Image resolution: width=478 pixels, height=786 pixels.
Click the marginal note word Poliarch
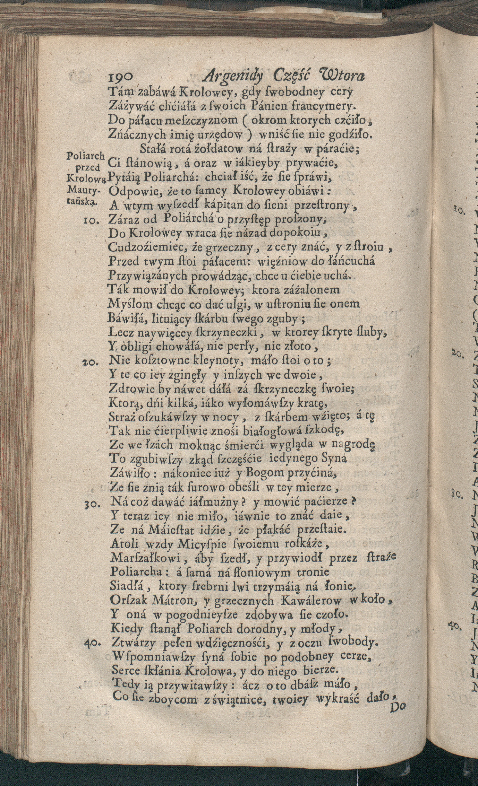click(86, 155)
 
